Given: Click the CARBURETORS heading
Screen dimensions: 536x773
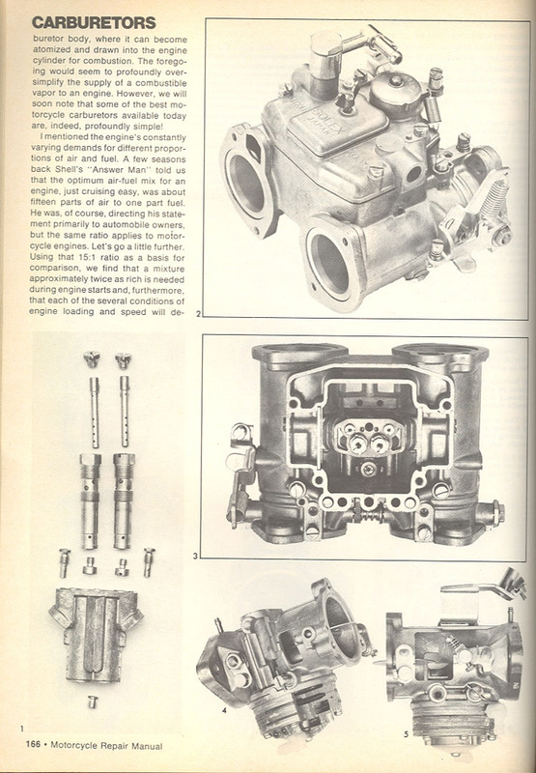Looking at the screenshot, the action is point(94,22).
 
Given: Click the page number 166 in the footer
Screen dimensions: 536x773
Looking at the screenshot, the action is point(33,744).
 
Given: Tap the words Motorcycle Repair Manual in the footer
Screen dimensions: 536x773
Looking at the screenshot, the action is point(106,745).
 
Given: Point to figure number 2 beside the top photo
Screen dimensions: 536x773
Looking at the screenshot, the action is point(198,313).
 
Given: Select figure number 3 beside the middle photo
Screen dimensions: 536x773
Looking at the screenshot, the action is point(195,557).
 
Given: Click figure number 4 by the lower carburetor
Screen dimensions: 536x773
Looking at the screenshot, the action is point(224,710).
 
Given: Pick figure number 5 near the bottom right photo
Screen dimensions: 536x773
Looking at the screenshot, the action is point(406,734).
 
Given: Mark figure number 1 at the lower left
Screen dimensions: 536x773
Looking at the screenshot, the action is point(22,728).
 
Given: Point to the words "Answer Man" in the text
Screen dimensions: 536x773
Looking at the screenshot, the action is point(117,171).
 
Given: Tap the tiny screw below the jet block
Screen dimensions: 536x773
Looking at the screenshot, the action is point(93,702).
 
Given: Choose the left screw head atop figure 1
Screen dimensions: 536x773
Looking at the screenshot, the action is point(92,359).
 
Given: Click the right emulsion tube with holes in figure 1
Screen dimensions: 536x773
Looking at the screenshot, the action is point(125,412).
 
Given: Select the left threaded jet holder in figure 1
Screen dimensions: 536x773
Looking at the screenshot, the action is point(91,501).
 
